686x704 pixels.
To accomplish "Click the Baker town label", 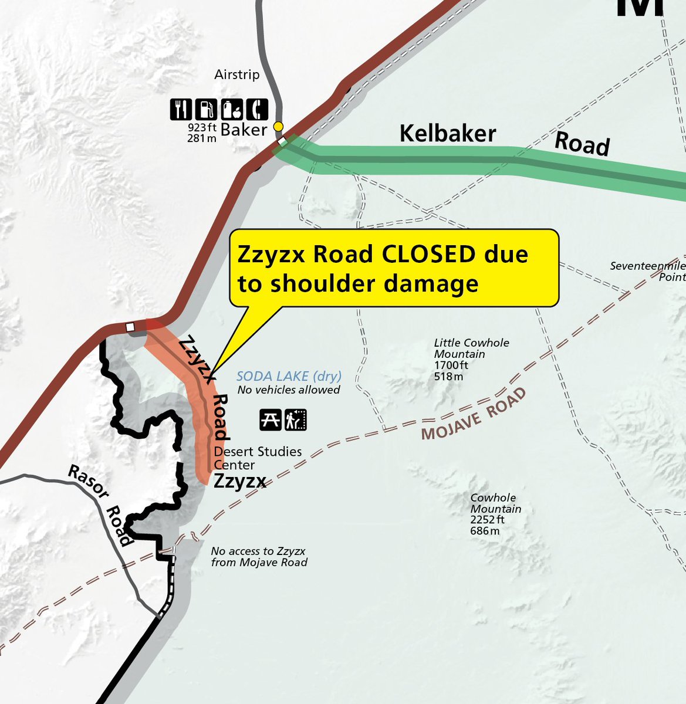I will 244,129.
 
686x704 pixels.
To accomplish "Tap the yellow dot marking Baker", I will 279,127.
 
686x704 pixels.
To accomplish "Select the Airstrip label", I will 236,75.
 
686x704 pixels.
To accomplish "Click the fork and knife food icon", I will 181,109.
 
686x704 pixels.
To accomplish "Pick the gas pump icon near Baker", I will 205,109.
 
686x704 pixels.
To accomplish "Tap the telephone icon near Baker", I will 257,109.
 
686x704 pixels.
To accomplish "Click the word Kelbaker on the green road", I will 448,134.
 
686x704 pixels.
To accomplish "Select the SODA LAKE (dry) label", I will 289,377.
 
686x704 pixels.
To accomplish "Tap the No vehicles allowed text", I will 289,390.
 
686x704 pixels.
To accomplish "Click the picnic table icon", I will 271,420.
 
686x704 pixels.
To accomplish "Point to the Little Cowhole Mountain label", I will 471,348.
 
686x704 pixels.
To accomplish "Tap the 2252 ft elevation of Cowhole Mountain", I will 487,520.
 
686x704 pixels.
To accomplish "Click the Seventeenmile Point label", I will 647,271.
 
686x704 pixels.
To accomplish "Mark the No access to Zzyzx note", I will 259,557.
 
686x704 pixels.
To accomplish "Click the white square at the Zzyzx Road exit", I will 131,326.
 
